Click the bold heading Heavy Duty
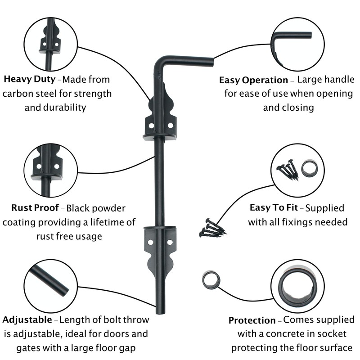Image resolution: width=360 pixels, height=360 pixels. click(x=30, y=80)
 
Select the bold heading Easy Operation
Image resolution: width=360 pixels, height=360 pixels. click(x=253, y=81)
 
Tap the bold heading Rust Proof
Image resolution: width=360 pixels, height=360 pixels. click(x=35, y=208)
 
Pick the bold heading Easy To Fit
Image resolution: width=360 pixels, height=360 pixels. click(x=274, y=208)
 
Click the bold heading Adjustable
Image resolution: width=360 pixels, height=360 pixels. click(x=27, y=320)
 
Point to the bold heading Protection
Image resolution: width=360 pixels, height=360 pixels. click(x=252, y=320)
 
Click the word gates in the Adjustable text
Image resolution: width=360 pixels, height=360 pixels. click(x=29, y=348)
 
